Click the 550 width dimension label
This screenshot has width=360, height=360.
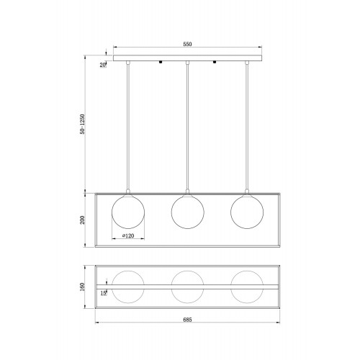click(187, 44)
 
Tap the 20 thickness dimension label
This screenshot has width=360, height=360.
click(102, 65)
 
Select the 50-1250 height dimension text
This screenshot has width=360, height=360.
click(82, 124)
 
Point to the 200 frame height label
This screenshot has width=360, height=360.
click(82, 220)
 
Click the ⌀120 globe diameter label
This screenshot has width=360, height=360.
click(128, 235)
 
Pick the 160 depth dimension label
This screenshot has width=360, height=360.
click(82, 287)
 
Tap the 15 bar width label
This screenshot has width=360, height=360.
click(103, 293)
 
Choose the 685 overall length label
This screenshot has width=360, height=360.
click(187, 320)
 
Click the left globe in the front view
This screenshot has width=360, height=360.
click(112, 212)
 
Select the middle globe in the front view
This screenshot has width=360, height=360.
click(171, 212)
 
